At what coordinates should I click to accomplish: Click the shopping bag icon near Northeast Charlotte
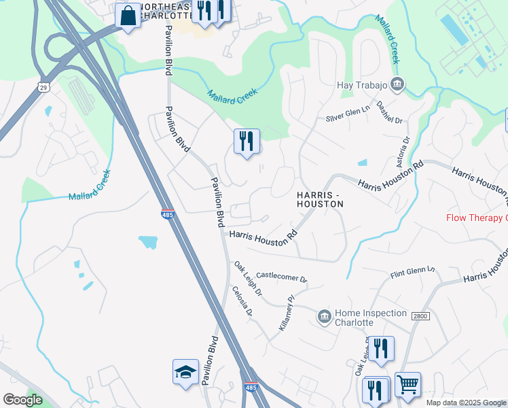[x=127, y=14]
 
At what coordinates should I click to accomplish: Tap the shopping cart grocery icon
[x=407, y=385]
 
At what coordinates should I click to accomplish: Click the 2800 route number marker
[x=418, y=313]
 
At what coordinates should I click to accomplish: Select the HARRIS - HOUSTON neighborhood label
[x=320, y=199]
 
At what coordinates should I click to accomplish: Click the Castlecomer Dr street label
[x=282, y=278]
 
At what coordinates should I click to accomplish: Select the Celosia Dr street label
[x=242, y=302]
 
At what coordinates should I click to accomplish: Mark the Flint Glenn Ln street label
[x=412, y=272]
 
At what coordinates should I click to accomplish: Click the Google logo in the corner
[x=22, y=400]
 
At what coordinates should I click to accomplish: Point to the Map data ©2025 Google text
[x=465, y=403]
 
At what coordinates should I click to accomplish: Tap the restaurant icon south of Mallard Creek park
[x=246, y=141]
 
